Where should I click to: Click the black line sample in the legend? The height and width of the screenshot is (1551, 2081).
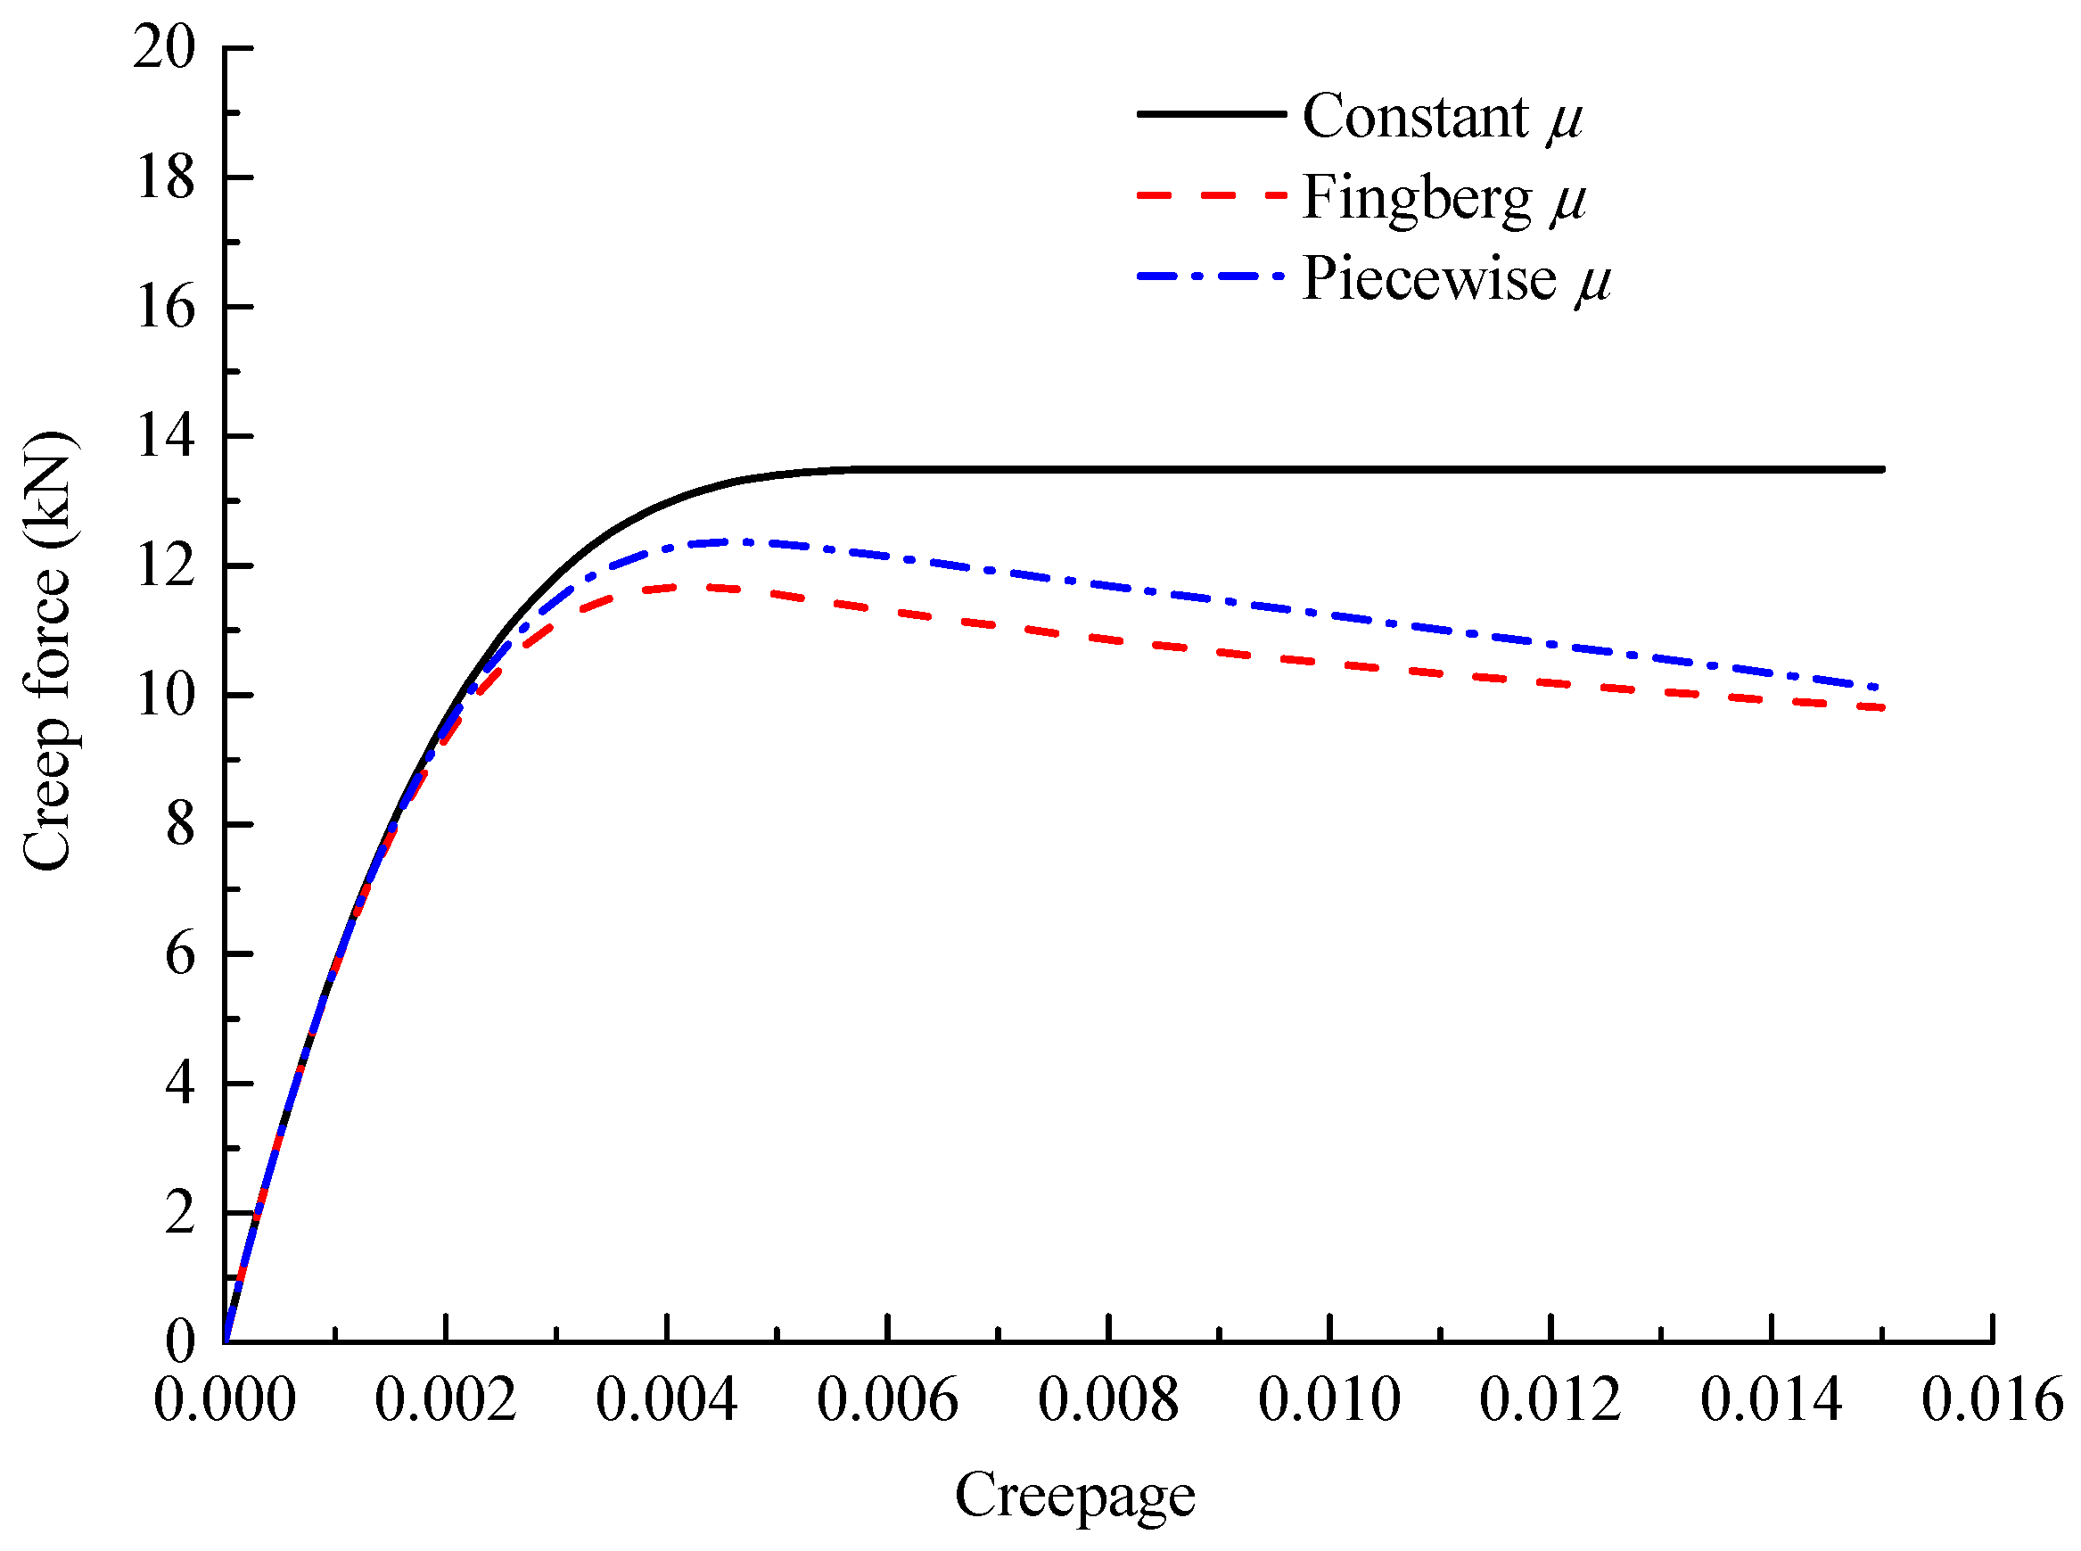coord(1210,113)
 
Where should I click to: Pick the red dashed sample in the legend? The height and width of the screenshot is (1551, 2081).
coord(1210,195)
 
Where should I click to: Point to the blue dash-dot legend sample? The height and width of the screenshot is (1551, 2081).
coord(1210,276)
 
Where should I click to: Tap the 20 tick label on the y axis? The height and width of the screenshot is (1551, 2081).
coord(164,47)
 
